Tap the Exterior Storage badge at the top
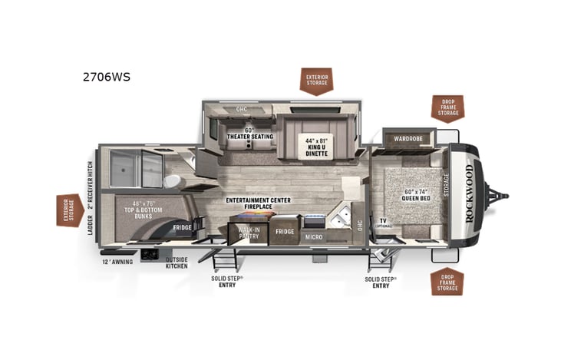tap(316, 81)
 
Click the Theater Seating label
tap(249, 134)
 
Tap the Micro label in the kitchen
tap(314, 237)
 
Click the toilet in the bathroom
tap(173, 180)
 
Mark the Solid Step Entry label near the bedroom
tap(381, 282)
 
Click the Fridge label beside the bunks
tap(182, 227)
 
